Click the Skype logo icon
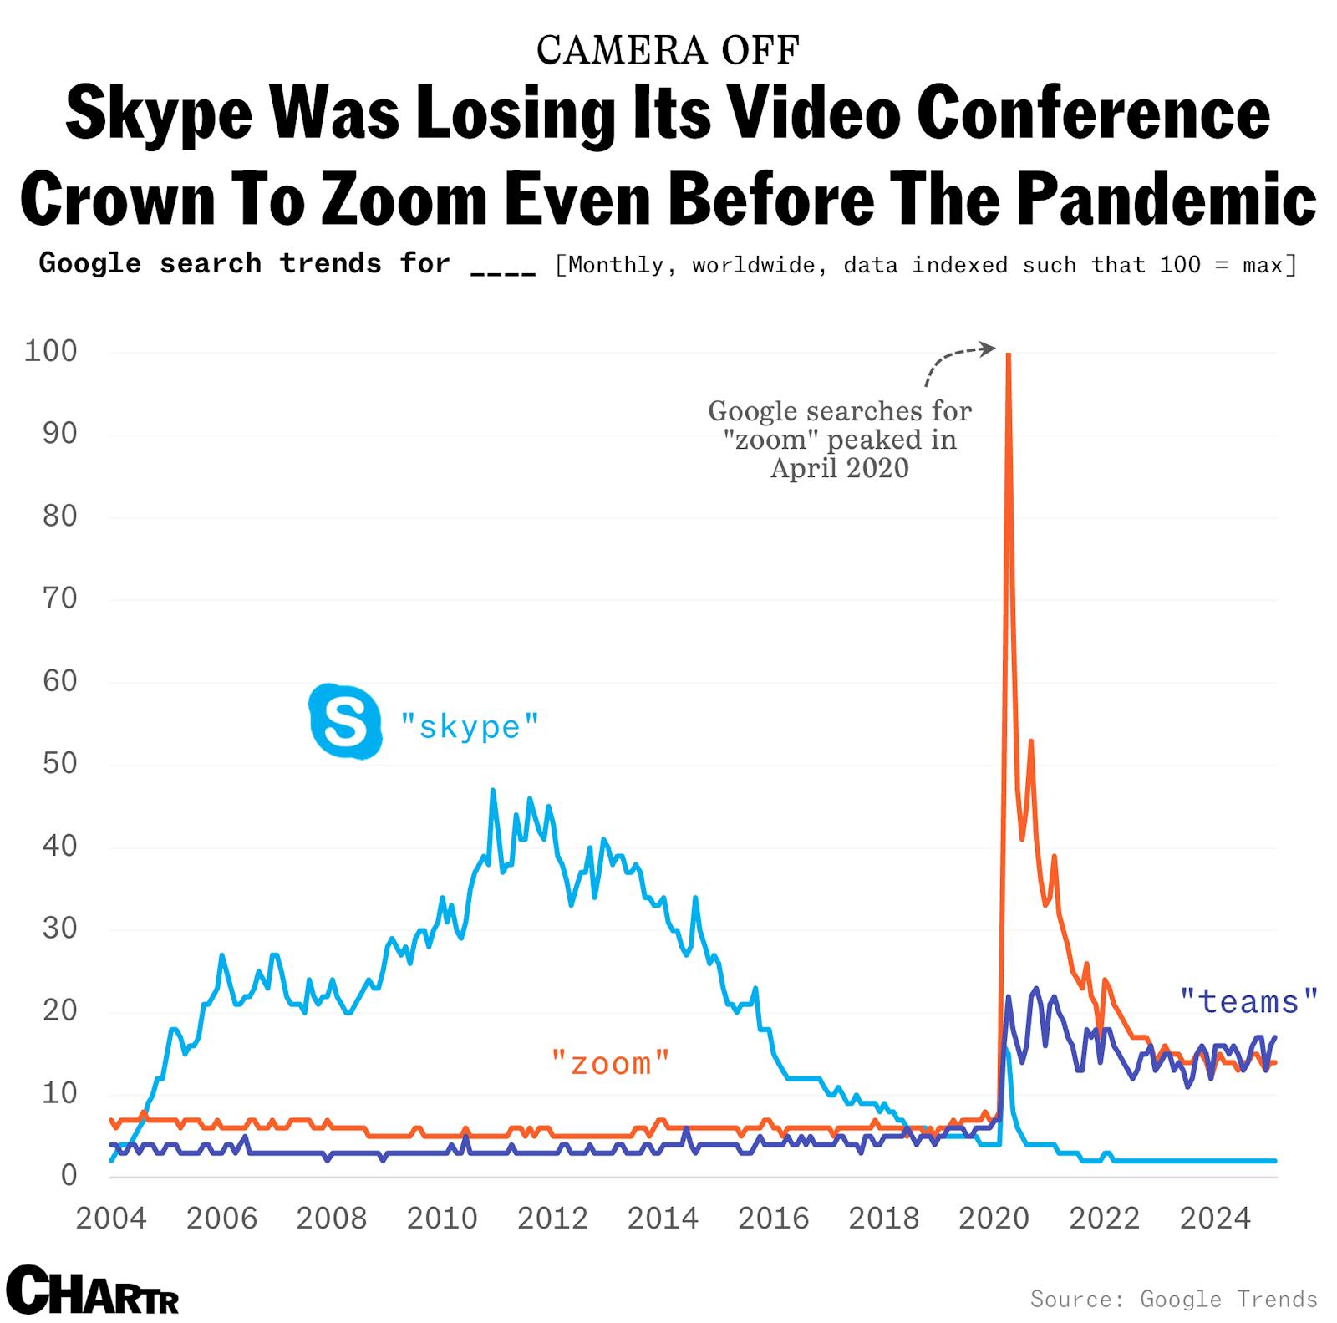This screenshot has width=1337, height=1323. click(344, 721)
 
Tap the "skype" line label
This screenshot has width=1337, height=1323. click(469, 726)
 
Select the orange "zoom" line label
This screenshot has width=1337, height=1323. click(611, 1063)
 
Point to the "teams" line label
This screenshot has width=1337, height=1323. click(1248, 1000)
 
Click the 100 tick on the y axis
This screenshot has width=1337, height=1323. click(51, 351)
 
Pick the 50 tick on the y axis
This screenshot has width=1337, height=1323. click(59, 763)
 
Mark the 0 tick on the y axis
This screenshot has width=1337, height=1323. click(69, 1175)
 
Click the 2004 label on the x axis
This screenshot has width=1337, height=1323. click(111, 1219)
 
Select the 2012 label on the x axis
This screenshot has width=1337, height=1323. click(552, 1219)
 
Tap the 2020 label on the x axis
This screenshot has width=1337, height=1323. click(994, 1219)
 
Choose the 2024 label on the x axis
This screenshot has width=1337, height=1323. click(1214, 1219)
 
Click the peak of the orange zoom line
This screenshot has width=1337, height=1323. click(1009, 356)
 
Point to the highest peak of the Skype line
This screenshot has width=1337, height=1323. click(492, 791)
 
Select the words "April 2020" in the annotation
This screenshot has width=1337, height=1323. click(839, 467)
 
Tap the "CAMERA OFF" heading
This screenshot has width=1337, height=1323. click(668, 50)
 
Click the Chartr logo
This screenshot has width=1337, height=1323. click(92, 1290)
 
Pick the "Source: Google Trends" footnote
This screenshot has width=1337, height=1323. click(1173, 1298)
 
